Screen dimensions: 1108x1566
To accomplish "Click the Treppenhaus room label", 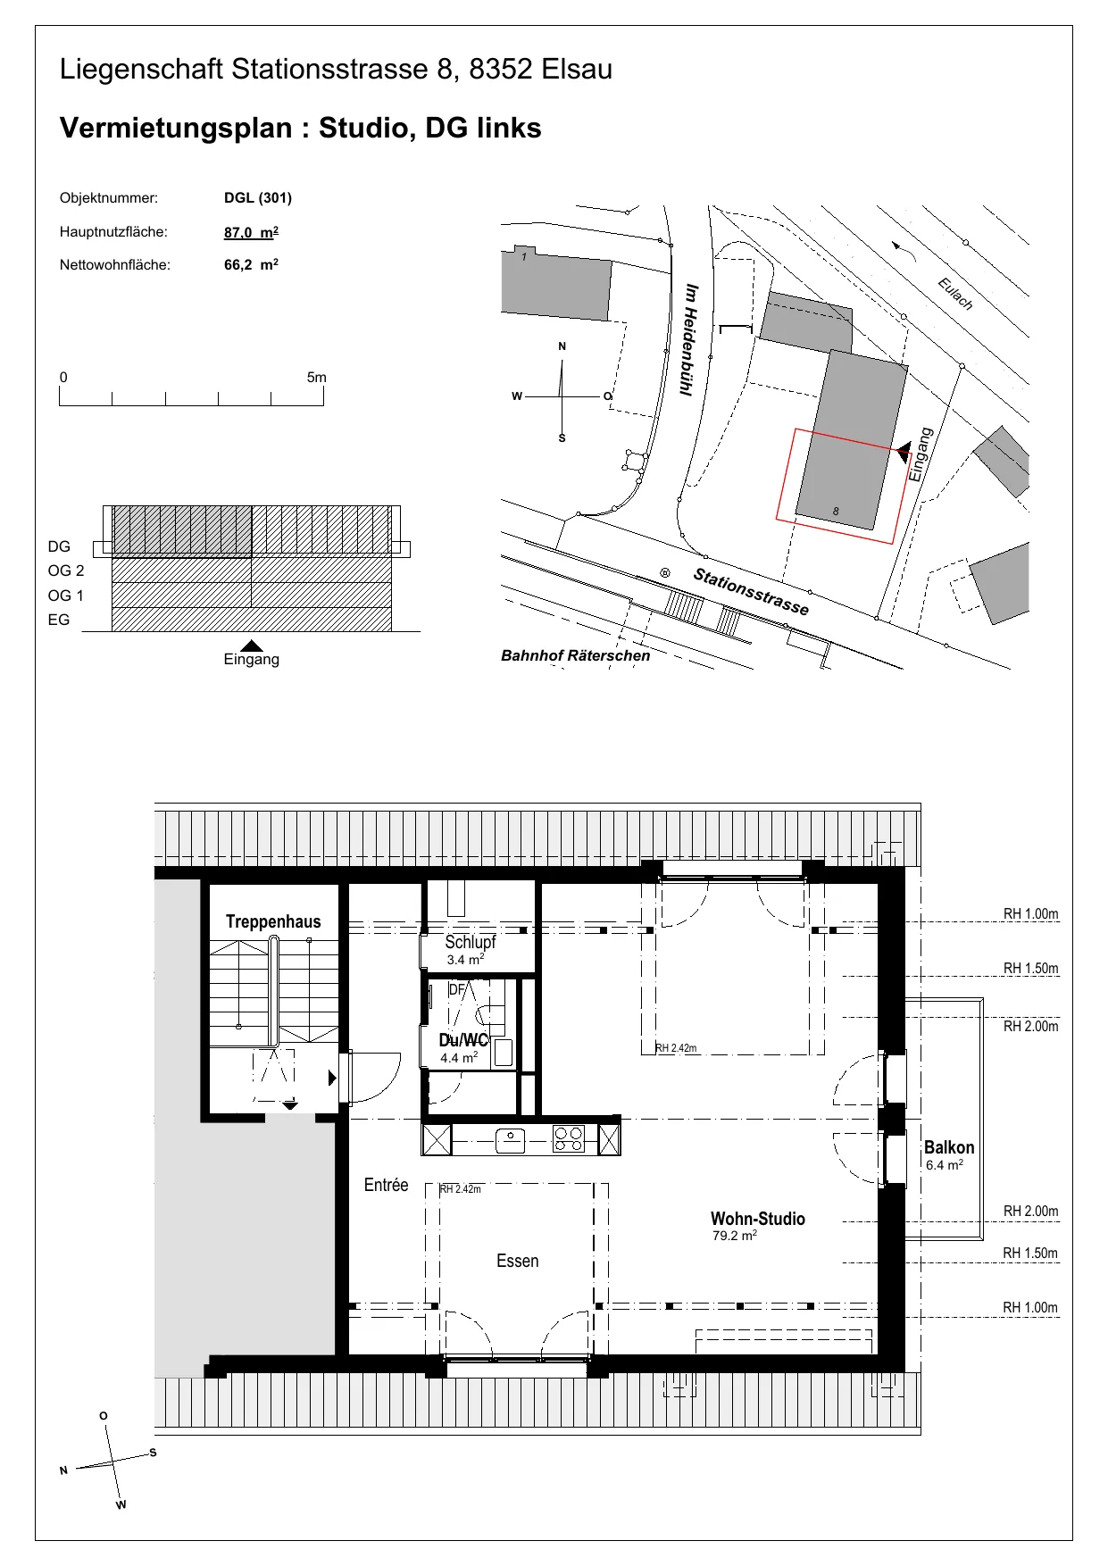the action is [x=273, y=921].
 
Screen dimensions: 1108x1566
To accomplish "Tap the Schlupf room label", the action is [x=471, y=942].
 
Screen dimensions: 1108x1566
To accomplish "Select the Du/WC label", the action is [x=464, y=1040].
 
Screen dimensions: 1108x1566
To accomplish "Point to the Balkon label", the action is [x=949, y=1147].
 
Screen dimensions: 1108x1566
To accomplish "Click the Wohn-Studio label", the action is [x=758, y=1219].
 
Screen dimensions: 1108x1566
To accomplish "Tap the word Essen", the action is [x=518, y=1261].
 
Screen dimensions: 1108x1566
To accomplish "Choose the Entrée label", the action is [x=386, y=1185].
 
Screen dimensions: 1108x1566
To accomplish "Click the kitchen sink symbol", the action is [x=510, y=1140].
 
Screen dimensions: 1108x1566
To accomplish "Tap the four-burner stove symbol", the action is [x=569, y=1139].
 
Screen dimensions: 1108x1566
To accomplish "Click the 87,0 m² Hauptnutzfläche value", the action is [x=251, y=232].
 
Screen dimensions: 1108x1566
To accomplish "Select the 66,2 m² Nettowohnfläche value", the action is [x=251, y=265].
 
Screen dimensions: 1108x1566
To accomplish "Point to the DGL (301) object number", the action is [x=258, y=198].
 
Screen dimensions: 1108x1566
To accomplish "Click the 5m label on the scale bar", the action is [x=317, y=378].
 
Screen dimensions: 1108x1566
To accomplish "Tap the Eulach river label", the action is [x=955, y=294].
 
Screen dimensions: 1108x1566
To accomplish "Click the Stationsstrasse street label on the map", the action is [x=752, y=592].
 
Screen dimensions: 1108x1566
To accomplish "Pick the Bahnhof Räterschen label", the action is [x=576, y=655].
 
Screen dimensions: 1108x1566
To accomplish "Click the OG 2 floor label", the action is [x=66, y=571].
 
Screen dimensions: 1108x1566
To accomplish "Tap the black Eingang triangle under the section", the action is [x=253, y=646].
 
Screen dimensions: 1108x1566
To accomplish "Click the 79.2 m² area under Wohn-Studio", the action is [x=735, y=1237].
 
